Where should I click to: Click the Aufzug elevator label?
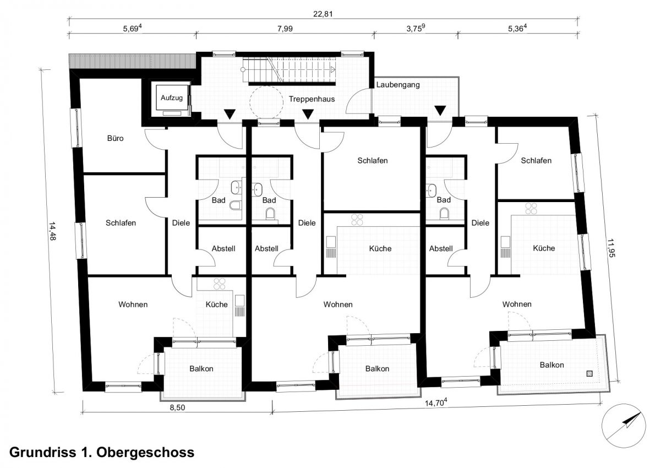(172, 98)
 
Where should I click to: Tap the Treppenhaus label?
(312, 99)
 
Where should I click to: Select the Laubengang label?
(397, 85)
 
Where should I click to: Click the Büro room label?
(115, 138)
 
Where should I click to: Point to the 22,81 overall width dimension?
(323, 14)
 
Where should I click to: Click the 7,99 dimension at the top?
(285, 29)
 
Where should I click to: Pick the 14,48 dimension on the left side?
(52, 231)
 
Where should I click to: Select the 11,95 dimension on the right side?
(611, 248)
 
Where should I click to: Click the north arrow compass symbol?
(623, 426)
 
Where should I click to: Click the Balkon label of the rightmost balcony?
(552, 365)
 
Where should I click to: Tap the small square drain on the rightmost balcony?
(590, 374)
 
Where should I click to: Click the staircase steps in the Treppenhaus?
(290, 70)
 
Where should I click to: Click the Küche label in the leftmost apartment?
(216, 304)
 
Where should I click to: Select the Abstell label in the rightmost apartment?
(441, 249)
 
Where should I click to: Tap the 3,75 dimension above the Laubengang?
(416, 29)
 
